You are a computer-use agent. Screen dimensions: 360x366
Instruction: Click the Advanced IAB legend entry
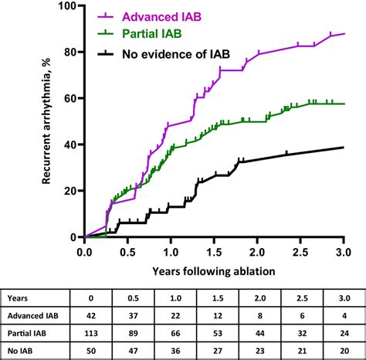pyautogui.click(x=147, y=16)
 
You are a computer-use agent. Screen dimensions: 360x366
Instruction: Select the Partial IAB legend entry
pyautogui.click(x=141, y=33)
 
